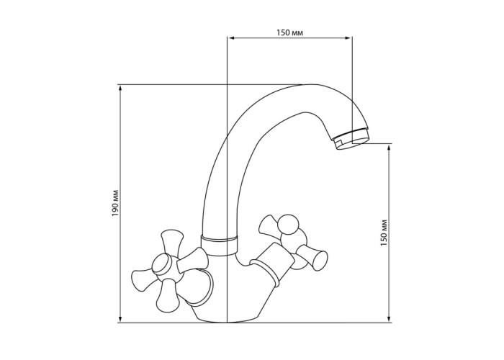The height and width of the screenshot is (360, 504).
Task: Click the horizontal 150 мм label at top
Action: click(289, 32)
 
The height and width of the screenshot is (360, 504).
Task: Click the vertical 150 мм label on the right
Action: click(384, 233)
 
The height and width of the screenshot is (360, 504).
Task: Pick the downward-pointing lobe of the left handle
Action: click(167, 296)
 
